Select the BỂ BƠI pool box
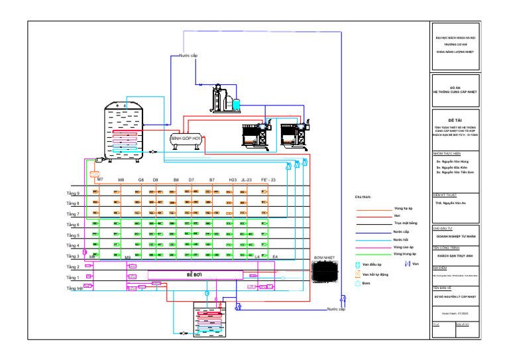coord(194,274)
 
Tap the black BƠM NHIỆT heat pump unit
coord(324,270)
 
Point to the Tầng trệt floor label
coord(74,288)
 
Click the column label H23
coord(233,180)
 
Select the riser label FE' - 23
coord(268,180)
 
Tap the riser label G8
coord(141,180)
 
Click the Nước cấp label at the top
coord(188,56)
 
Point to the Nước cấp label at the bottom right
coord(336,309)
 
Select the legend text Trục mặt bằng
coord(405,223)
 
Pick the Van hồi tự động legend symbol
coord(359,274)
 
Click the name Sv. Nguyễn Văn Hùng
coord(452,161)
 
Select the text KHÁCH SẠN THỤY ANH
coord(454,255)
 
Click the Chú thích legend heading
coord(363,198)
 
